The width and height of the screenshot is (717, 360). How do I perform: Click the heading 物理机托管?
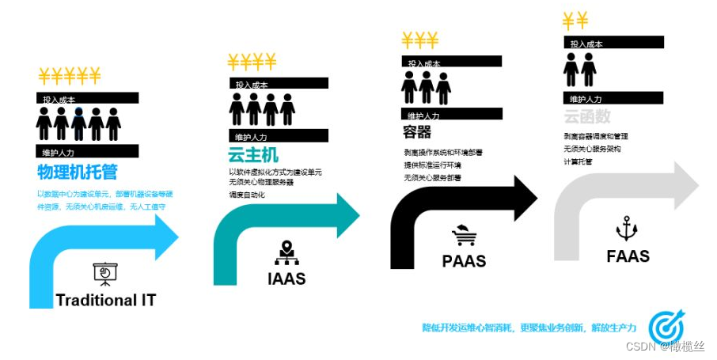[x=78, y=172]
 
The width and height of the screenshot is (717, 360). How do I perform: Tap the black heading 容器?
[x=417, y=132]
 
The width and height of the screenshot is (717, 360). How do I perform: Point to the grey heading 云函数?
[x=587, y=117]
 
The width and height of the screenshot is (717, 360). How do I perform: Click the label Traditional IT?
[x=106, y=301]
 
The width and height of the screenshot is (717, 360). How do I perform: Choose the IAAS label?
[x=286, y=279]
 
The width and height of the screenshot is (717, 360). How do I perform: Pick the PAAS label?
[x=464, y=260]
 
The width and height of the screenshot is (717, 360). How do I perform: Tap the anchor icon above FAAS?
[x=627, y=229]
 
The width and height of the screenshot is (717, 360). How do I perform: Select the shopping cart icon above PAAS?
[x=464, y=235]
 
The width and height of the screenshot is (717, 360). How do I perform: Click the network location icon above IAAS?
[x=286, y=252]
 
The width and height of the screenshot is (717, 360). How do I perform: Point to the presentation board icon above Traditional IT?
[x=105, y=274]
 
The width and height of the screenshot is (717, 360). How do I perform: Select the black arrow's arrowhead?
[x=522, y=199]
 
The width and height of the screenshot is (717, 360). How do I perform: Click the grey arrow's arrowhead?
[x=684, y=184]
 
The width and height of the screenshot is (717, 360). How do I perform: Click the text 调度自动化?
[x=247, y=195]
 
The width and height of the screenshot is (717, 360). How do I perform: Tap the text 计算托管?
[x=578, y=161]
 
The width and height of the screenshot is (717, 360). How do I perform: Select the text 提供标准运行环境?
[x=433, y=165]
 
